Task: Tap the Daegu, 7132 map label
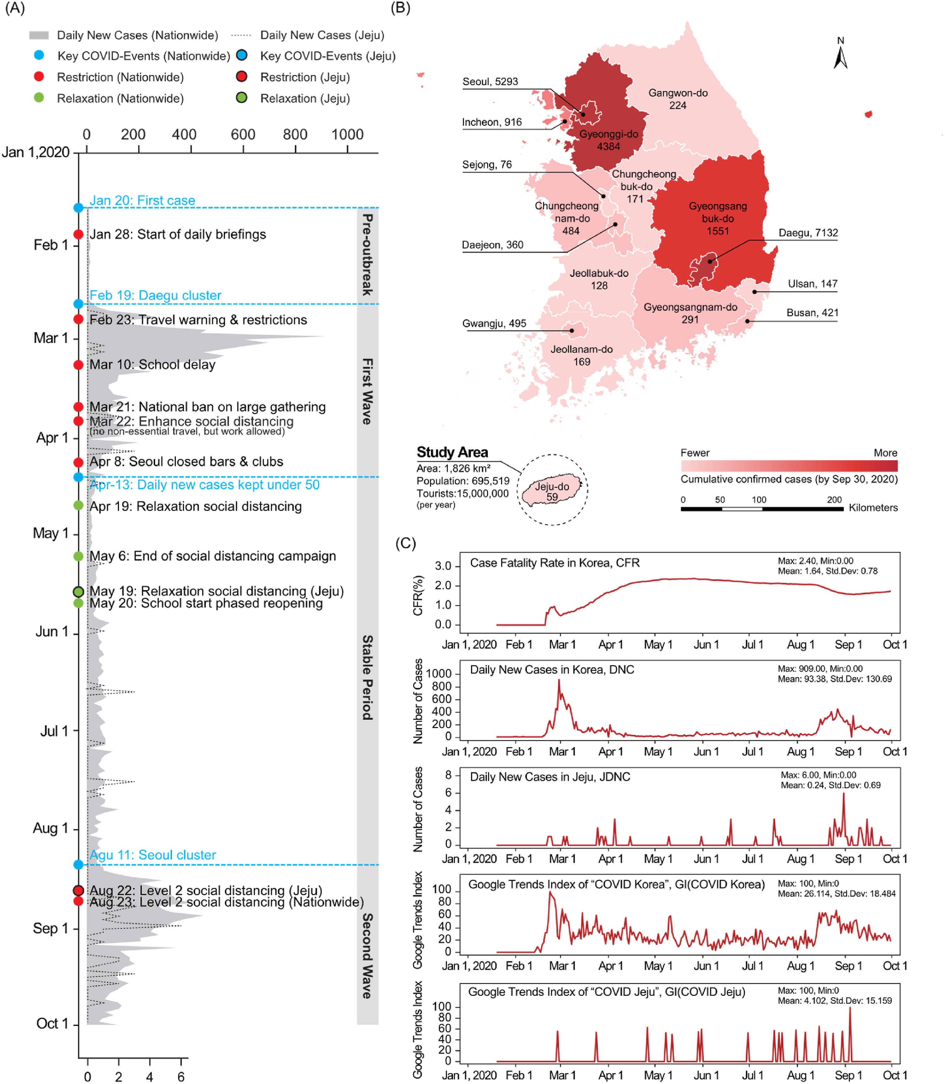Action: tap(808, 233)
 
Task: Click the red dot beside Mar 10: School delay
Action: tap(78, 365)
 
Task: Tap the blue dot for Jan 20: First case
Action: tap(78, 208)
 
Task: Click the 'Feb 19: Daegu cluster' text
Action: tap(155, 295)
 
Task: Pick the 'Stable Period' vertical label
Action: tap(368, 677)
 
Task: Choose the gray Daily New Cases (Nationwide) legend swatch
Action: tap(39, 35)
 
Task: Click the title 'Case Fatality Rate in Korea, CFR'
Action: tap(555, 563)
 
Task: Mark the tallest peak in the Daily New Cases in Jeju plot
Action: tap(843, 794)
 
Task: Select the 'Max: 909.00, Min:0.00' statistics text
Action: tap(820, 669)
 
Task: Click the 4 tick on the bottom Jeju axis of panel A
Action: tap(150, 1077)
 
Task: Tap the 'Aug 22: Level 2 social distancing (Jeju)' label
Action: tap(206, 891)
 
